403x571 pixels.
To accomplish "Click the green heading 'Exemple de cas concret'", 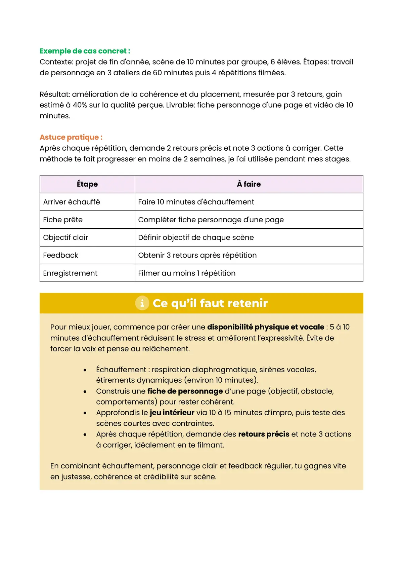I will [x=85, y=51].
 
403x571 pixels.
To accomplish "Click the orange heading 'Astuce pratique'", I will [x=71, y=137].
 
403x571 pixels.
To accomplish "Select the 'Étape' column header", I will [x=87, y=184].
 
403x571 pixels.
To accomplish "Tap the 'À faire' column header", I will [x=249, y=184].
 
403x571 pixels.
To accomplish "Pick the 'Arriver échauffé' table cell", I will [x=72, y=202].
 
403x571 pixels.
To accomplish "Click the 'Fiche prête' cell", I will [x=63, y=220].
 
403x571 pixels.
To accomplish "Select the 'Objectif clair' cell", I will [x=65, y=237].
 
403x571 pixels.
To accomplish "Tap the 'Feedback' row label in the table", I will [x=60, y=255].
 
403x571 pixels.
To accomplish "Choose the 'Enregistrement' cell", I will [x=70, y=273].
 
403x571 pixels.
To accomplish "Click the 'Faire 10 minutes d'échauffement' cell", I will [x=196, y=202].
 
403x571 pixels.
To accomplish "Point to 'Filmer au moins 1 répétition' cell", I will [x=187, y=273].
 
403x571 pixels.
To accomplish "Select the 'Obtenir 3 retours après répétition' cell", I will [x=197, y=255].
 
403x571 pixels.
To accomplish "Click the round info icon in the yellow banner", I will [x=142, y=303].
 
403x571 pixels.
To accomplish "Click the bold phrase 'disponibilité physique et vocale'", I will [x=265, y=327].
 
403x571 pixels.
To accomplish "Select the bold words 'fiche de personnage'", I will [x=185, y=391].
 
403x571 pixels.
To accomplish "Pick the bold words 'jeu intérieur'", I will [x=172, y=413].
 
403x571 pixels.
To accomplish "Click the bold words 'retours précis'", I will [x=264, y=434].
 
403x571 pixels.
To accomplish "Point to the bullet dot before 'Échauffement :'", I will [x=85, y=370].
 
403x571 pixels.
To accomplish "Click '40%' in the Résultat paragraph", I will [x=80, y=105].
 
